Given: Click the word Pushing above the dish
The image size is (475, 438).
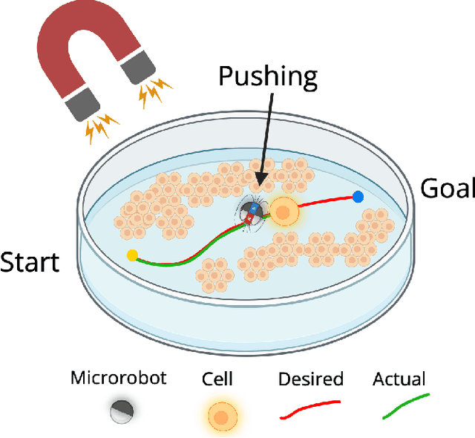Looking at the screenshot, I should tap(267, 77).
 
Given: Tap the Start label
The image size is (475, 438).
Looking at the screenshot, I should tap(30, 263).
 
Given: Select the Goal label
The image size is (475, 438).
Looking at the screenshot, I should tap(447, 189).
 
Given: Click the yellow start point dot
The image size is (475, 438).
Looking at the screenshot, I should tap(132, 256).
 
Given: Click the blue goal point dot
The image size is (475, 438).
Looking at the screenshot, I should tap(358, 197).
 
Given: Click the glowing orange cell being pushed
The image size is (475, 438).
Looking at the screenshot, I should tap(283, 213).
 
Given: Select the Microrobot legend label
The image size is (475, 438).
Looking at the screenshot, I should tap(119, 378).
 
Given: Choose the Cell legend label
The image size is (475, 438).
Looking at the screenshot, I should tap(217, 379).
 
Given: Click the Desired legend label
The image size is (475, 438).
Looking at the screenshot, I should tap(310, 379).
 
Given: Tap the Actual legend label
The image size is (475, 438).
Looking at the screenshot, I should tap(399, 379).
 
